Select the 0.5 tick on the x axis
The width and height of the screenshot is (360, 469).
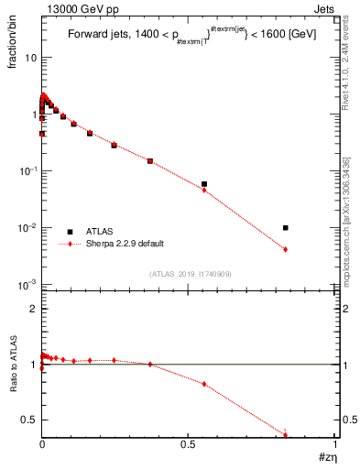(x=189, y=445)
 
